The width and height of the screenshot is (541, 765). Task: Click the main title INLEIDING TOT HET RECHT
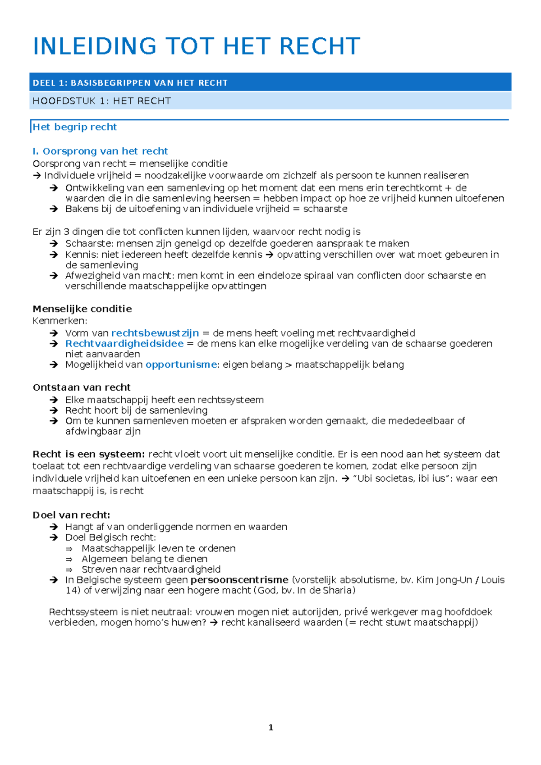tap(197, 46)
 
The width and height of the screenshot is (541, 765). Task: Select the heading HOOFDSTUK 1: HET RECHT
tap(102, 101)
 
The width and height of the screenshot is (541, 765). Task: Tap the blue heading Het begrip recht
tap(75, 127)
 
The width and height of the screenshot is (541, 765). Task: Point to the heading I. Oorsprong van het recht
tap(100, 151)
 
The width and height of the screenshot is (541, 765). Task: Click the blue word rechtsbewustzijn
tap(155, 333)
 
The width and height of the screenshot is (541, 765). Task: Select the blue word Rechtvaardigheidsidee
tap(124, 343)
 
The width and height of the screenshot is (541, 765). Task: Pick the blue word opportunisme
tap(181, 364)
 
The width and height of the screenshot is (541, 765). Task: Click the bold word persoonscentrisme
tap(239, 580)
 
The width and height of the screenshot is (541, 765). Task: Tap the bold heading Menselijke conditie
tap(82, 309)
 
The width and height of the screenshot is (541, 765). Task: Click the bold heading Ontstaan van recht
tap(82, 387)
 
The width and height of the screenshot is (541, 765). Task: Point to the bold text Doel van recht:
tap(71, 515)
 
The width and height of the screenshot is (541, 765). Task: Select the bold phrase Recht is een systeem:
tap(88, 454)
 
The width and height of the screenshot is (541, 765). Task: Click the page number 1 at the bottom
tap(270, 727)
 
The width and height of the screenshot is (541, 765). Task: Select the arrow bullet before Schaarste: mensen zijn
tap(54, 244)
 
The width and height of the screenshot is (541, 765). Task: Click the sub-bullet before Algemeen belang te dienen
tap(69, 559)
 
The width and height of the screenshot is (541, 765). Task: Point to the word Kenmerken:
tap(60, 321)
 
